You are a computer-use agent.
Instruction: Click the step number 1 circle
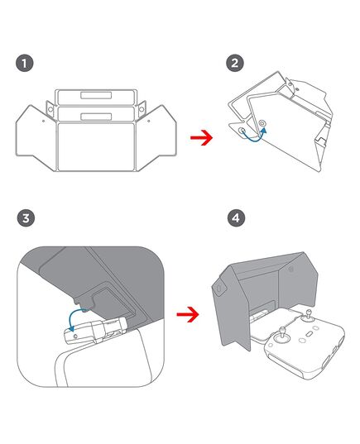24,63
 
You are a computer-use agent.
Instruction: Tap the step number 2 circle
235,63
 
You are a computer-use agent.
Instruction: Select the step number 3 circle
26,218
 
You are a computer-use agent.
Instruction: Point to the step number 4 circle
236,218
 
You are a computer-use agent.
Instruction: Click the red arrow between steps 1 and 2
202,138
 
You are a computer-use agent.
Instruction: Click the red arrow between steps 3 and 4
188,314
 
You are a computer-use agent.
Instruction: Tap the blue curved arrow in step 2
253,138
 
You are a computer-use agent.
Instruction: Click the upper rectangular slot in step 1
96,95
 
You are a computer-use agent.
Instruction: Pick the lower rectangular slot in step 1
96,117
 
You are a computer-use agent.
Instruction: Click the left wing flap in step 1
36,137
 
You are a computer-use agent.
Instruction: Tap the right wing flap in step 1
156,137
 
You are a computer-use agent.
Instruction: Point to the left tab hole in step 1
50,109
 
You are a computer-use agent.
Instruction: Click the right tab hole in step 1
142,109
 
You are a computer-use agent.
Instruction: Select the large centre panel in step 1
96,146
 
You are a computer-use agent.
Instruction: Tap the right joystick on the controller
309,317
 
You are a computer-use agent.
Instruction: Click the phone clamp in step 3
96,330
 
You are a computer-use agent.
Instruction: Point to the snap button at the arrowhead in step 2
262,123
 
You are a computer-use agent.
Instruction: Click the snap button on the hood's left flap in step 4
219,289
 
